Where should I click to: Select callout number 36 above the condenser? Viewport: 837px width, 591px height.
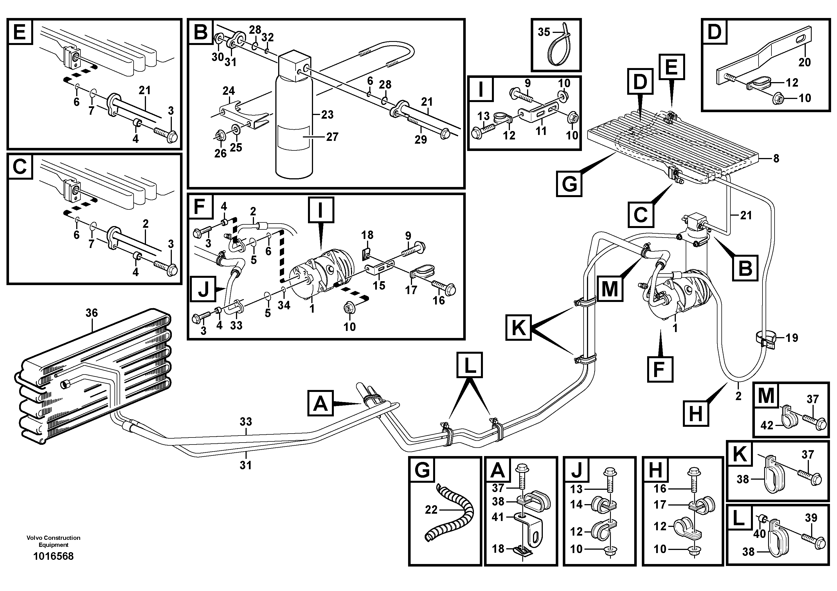tap(92, 313)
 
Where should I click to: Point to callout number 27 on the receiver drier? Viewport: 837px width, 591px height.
tap(332, 137)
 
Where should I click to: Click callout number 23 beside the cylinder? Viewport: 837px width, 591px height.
tap(327, 114)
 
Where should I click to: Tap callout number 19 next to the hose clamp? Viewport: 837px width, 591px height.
tap(792, 338)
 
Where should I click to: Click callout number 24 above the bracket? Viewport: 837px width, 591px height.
tap(229, 91)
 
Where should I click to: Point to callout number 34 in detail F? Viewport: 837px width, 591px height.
tap(284, 305)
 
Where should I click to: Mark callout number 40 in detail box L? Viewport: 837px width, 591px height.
tap(760, 534)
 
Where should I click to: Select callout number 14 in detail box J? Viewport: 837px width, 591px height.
tap(576, 504)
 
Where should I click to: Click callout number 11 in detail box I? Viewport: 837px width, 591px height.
tap(541, 131)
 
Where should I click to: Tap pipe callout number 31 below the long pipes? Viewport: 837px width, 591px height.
tap(246, 465)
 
